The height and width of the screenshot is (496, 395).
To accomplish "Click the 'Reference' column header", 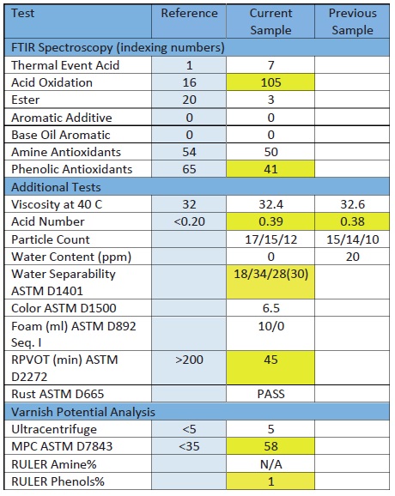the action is click(189, 13).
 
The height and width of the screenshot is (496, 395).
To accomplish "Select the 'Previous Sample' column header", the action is click(353, 21).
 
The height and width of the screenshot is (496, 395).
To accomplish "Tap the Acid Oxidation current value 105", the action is click(271, 82).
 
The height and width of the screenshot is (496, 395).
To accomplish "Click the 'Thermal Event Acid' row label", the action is click(65, 65).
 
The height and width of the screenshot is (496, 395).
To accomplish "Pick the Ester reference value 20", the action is click(189, 100).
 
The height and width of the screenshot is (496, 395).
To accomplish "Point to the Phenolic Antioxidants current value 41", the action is click(271, 169).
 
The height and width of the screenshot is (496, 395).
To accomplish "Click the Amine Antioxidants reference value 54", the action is click(189, 152).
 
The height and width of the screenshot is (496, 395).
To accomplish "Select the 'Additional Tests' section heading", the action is click(56, 187).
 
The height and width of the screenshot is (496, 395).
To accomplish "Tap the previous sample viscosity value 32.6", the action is click(353, 204).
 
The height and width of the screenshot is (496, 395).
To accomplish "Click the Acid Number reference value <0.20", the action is click(189, 221).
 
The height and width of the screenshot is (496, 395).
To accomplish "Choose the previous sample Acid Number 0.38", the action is click(353, 221).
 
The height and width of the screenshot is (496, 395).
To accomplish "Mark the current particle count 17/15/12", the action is click(271, 239).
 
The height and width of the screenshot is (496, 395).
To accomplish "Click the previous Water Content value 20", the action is click(353, 257).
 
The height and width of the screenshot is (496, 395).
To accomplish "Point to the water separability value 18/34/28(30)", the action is click(271, 274).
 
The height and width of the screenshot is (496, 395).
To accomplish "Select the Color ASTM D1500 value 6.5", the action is click(271, 308).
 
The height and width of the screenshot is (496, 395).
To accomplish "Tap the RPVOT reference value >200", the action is click(189, 360).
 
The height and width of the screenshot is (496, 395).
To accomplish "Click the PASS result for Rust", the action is click(271, 394).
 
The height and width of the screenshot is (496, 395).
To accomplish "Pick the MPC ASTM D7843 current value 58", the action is click(271, 446).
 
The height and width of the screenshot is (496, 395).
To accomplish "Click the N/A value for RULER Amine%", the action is click(271, 464).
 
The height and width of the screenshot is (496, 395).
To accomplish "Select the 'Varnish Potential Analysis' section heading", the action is click(83, 412).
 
